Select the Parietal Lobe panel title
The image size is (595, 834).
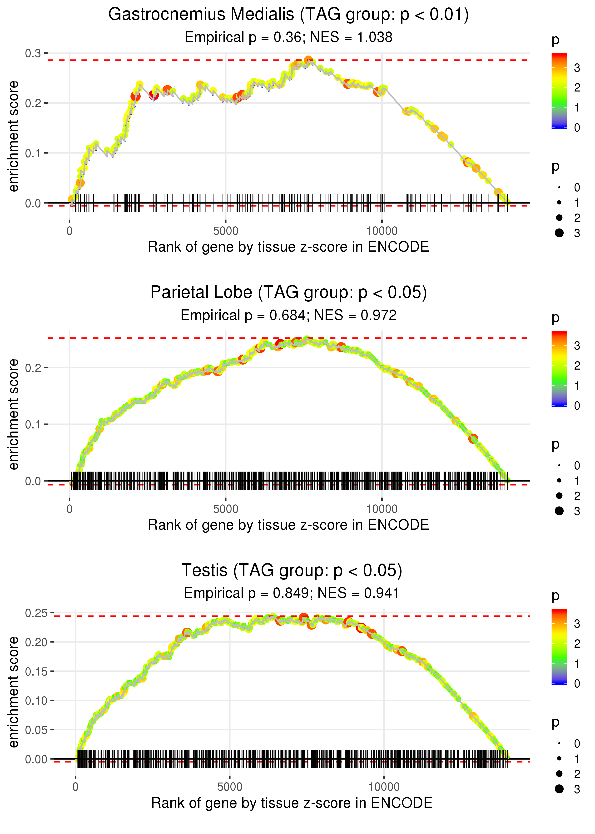[288, 293]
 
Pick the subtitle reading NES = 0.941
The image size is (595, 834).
[292, 593]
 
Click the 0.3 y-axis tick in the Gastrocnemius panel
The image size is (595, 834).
[33, 54]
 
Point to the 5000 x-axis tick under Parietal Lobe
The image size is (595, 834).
[226, 509]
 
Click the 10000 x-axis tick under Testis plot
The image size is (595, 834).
[384, 787]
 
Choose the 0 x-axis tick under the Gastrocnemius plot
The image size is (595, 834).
[69, 231]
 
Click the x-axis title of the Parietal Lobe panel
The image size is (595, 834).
[288, 525]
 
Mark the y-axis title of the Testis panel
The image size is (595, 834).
[14, 692]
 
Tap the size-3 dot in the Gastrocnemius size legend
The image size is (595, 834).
[559, 233]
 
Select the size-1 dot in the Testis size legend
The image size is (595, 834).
[559, 758]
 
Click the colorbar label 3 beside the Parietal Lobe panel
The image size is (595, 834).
[577, 346]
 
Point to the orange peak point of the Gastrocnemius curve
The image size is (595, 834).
[308, 60]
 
